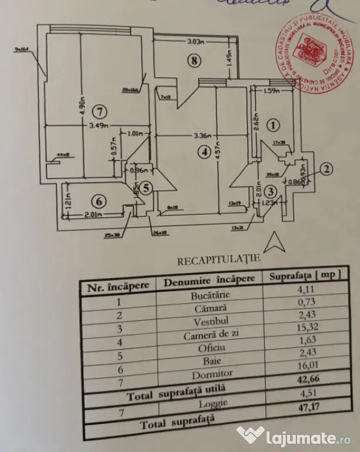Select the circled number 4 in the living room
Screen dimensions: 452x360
point(204,151)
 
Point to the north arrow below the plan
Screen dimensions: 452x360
point(272,241)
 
